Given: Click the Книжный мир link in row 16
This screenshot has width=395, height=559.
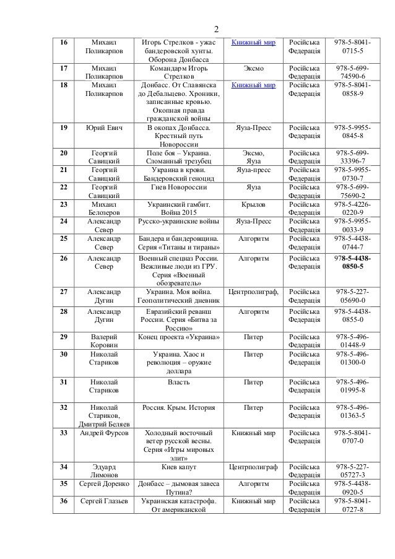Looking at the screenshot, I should (x=254, y=42).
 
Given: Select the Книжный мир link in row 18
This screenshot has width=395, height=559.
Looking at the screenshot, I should (x=254, y=85).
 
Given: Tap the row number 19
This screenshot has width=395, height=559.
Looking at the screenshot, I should (x=63, y=128).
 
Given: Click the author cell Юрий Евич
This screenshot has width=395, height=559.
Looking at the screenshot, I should (x=104, y=128).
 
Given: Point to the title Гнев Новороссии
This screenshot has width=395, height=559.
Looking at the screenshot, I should (x=178, y=186).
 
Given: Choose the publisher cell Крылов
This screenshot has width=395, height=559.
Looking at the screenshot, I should (x=253, y=204).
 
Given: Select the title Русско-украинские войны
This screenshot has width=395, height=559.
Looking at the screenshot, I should (x=178, y=220).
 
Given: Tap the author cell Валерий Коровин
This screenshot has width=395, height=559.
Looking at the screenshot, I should (x=104, y=340).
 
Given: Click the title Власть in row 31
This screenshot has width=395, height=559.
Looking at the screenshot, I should (x=178, y=382).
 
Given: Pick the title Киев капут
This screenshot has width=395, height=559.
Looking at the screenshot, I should (x=178, y=466).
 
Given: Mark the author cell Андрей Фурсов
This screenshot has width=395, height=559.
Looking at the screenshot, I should (x=104, y=433).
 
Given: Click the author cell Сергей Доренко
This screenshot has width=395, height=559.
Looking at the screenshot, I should (x=104, y=483).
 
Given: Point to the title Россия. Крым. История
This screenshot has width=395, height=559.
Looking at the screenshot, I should (x=178, y=407).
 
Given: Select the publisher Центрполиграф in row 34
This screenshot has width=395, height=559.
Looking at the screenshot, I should (x=253, y=466).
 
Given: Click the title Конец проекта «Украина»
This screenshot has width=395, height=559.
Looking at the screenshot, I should (x=178, y=337).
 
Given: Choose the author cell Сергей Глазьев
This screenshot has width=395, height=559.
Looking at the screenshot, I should (x=104, y=500).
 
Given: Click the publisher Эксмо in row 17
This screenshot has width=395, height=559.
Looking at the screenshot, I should (x=253, y=68).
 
